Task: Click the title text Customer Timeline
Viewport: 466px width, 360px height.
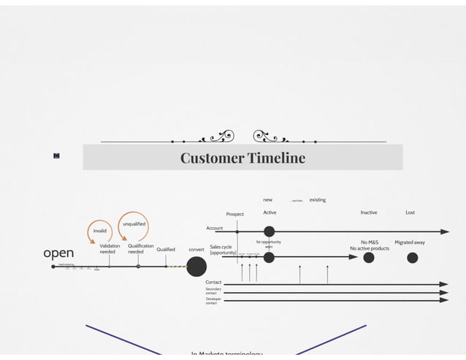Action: (x=242, y=158)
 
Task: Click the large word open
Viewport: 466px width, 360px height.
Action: (x=58, y=253)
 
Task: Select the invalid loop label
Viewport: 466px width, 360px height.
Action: (x=99, y=230)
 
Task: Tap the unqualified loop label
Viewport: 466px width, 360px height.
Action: (x=134, y=223)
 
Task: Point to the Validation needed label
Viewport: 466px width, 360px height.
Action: (x=109, y=249)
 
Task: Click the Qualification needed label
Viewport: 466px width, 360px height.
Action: (x=140, y=249)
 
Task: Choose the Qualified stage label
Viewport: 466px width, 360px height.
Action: (x=166, y=250)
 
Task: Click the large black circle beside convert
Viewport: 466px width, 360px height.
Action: (x=196, y=267)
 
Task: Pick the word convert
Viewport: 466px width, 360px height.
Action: (x=196, y=250)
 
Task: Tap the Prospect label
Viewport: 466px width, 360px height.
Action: (x=235, y=215)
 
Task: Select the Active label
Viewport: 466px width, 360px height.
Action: (x=270, y=212)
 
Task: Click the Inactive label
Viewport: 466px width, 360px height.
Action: (x=369, y=212)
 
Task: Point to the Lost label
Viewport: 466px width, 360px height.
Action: (x=410, y=212)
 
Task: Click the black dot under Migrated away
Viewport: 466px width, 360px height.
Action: (x=412, y=257)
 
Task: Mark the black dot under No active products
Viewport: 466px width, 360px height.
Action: (x=369, y=257)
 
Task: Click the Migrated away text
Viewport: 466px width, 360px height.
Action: (x=410, y=242)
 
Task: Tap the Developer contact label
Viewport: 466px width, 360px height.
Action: (x=213, y=300)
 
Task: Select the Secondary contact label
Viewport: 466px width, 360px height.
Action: (x=213, y=291)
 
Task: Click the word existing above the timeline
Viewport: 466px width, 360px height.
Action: (x=318, y=199)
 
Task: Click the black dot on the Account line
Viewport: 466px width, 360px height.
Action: (x=269, y=231)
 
